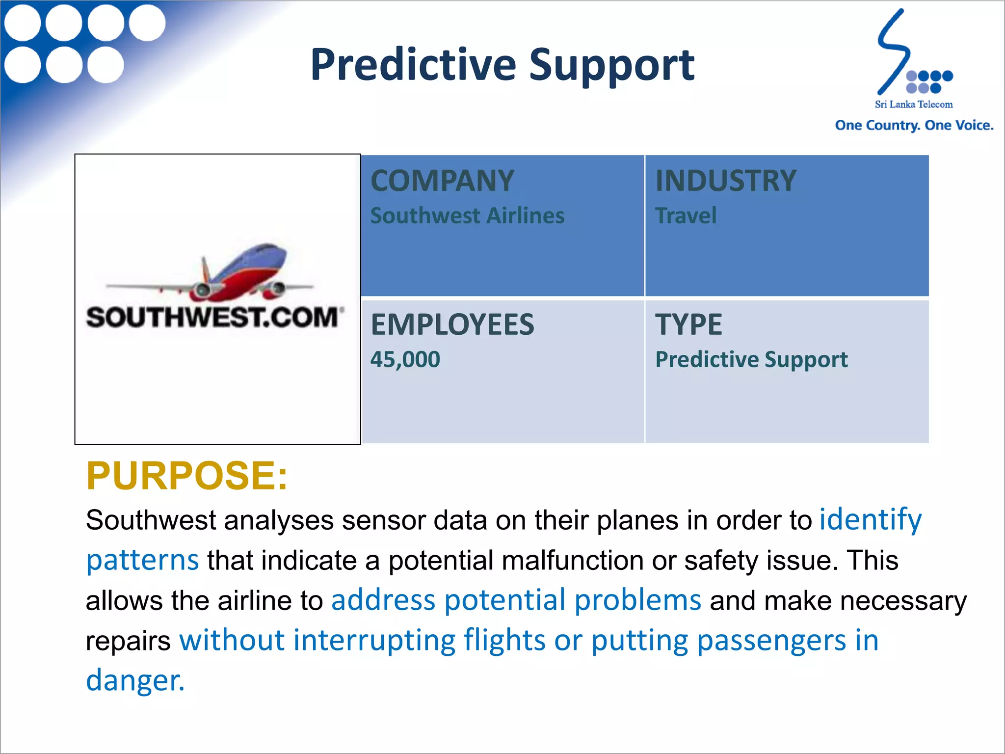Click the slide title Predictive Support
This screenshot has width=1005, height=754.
(502, 65)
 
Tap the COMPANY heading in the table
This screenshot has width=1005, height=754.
(442, 181)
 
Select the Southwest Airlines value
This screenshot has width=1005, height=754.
(467, 216)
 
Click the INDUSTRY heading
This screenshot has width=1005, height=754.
(726, 181)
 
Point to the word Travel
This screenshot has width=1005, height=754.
(686, 216)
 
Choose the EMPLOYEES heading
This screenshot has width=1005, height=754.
(452, 324)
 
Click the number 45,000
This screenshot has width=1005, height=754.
(405, 359)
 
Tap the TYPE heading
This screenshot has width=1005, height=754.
(688, 324)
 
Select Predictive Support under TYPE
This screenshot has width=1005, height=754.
(751, 359)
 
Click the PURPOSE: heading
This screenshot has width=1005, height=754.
(186, 476)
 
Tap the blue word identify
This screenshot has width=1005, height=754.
(871, 519)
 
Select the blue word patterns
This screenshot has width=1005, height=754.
(142, 560)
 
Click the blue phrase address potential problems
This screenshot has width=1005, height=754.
(516, 600)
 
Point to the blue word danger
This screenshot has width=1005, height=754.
(135, 680)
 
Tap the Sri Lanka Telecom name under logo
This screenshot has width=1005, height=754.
(914, 105)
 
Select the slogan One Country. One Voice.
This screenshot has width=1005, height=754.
(914, 125)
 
